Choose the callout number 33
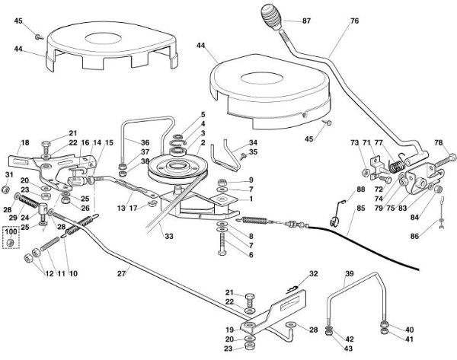coord(168,237)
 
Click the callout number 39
coord(350,273)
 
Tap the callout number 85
coord(360,207)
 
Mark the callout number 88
coord(360,189)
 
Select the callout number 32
coord(313,272)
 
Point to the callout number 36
coord(145,142)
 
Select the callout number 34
coord(252,142)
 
